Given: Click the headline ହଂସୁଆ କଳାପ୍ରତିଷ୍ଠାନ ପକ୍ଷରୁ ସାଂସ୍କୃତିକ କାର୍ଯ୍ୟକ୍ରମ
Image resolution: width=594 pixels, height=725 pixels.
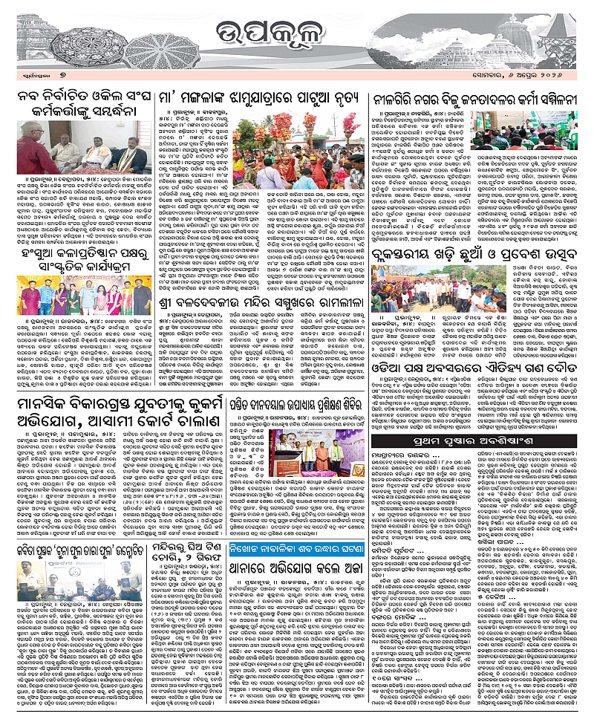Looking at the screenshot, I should pos(82,259).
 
